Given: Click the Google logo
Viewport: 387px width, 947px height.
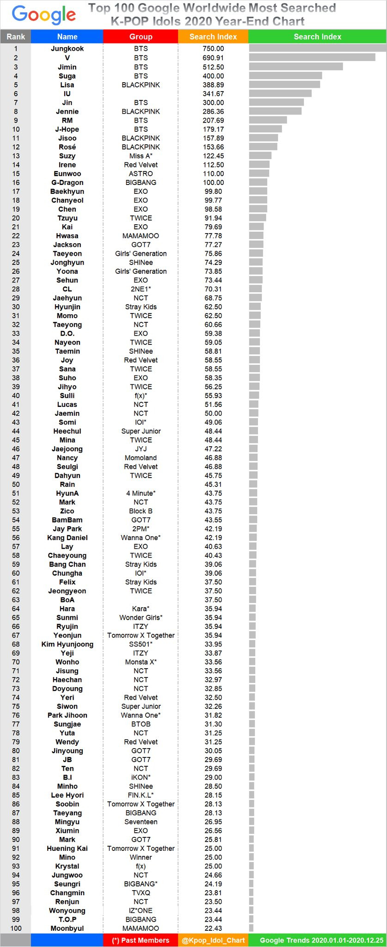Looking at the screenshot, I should click(44, 15).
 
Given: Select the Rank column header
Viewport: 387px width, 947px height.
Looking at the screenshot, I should click(16, 37).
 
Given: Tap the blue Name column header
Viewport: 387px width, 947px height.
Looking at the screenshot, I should click(67, 37).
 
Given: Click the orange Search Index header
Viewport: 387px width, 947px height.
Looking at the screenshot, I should click(213, 37).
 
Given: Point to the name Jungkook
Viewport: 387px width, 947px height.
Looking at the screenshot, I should click(67, 49).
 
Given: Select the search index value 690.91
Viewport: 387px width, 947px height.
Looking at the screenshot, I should click(213, 58).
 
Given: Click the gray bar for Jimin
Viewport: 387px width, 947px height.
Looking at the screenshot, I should click(296, 67).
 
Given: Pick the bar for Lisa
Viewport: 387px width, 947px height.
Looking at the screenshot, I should click(284, 85).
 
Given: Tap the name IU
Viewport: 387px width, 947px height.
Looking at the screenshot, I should click(67, 93).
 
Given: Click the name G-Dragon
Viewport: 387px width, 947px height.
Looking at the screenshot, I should click(67, 183).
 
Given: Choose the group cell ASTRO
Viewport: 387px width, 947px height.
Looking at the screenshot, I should click(141, 174).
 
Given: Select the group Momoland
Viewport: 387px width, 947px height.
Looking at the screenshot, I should click(141, 458).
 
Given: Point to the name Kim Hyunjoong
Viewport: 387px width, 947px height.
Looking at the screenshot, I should click(67, 644).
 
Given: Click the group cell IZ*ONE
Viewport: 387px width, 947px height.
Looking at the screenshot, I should click(141, 910).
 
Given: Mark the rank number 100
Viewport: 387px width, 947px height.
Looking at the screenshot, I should click(16, 928).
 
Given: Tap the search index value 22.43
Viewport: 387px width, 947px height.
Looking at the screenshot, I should click(213, 928).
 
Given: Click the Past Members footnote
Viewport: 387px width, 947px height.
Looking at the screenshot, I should click(141, 940).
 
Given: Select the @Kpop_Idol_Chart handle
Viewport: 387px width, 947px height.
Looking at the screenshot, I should click(213, 940).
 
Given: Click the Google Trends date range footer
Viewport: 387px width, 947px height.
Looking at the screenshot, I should click(321, 940).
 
